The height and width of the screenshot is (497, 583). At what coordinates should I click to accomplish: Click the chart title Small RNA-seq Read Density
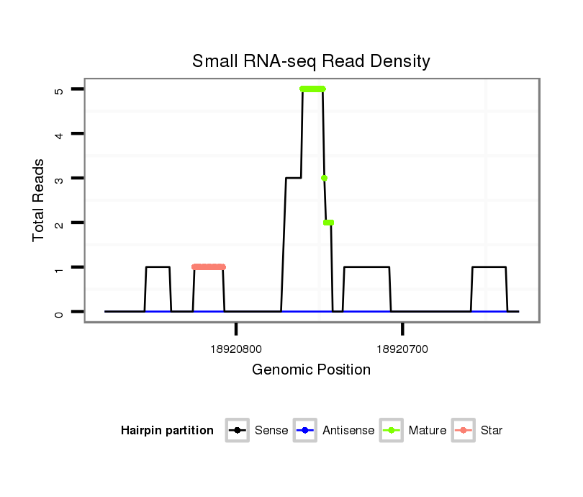coord(311,61)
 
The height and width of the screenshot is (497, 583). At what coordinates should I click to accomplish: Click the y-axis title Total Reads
coord(39,200)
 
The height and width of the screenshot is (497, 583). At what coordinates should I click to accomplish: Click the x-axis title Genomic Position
coord(311,370)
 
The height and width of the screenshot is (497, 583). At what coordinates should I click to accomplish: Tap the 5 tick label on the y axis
coord(59,90)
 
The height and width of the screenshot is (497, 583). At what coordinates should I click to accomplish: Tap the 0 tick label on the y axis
coord(59,313)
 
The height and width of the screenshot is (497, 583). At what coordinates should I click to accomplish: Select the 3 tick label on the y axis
coord(59,179)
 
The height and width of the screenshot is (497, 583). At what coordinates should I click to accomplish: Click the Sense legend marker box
coord(237,431)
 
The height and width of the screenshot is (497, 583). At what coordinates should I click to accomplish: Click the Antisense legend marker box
coord(304,431)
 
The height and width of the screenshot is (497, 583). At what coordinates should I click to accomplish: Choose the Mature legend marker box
coord(391,431)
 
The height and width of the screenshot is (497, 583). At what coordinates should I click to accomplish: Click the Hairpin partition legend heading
coord(167,431)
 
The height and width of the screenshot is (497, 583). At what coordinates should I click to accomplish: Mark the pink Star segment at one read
coord(209,267)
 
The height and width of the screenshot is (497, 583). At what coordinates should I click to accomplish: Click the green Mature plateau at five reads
coord(312,89)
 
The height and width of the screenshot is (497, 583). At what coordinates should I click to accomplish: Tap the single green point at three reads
coord(325,178)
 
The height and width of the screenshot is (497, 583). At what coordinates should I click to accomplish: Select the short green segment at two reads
coord(328,223)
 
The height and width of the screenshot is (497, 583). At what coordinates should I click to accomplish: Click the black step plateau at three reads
coord(293,177)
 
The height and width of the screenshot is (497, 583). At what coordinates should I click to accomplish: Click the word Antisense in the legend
coord(348,431)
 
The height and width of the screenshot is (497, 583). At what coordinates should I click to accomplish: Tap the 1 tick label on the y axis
coord(59,268)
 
